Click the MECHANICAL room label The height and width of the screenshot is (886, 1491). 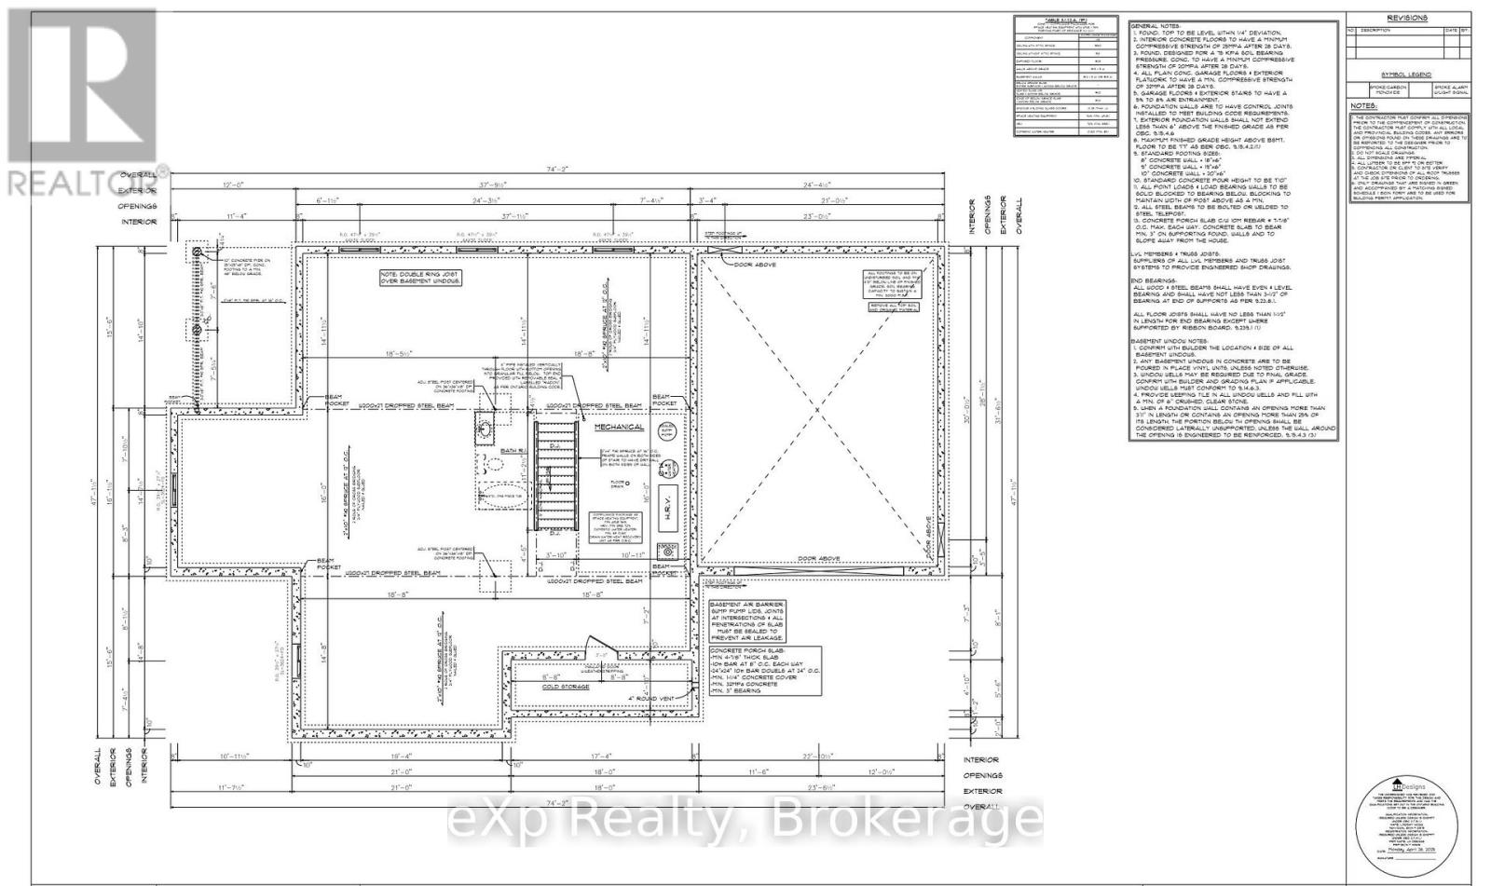coord(619,427)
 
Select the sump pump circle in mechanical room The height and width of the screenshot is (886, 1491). coord(668,429)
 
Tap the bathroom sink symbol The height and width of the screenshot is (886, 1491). coord(486,429)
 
